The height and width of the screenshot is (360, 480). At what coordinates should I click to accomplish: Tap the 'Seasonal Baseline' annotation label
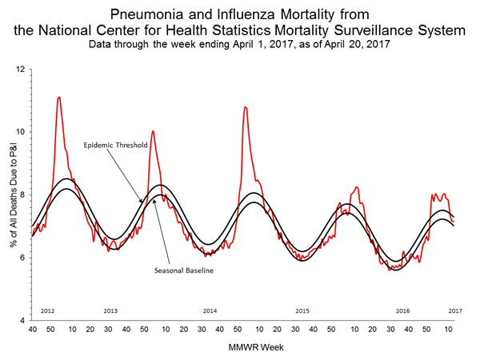(x=182, y=270)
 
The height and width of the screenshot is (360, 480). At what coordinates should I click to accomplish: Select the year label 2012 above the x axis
(x=46, y=310)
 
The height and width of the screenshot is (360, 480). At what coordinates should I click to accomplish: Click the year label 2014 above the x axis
(x=210, y=310)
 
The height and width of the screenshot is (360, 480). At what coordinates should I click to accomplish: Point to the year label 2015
(x=302, y=310)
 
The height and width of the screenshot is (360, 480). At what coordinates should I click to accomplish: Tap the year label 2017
(x=455, y=310)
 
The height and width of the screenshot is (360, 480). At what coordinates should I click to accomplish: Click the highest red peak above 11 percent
(x=59, y=98)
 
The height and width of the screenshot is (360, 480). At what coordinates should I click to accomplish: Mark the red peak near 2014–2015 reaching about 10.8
(x=246, y=107)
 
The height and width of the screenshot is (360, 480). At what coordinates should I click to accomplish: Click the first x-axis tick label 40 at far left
(x=32, y=329)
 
